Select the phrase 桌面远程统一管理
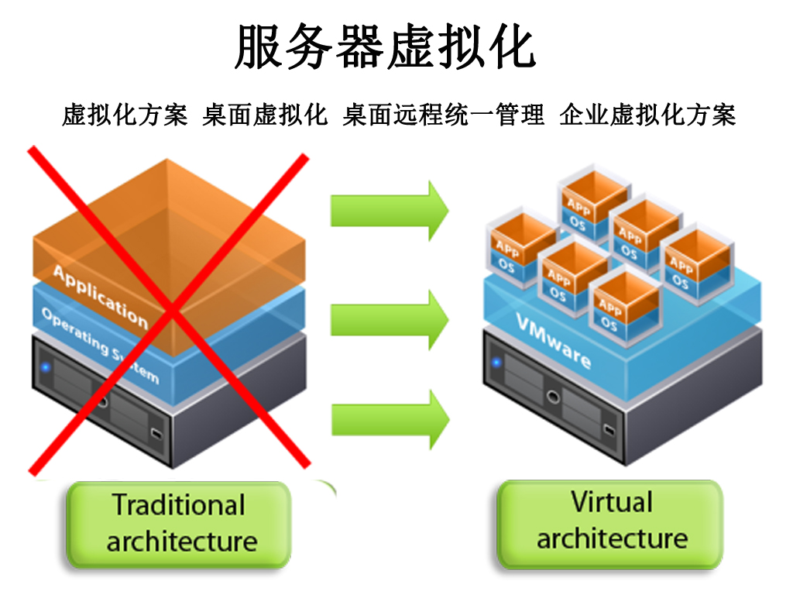pyautogui.click(x=445, y=115)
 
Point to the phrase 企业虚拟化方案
pyautogui.click(x=647, y=115)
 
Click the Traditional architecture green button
pyautogui.click(x=179, y=523)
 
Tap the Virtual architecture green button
pyautogui.click(x=610, y=521)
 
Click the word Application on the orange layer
pyautogui.click(x=100, y=295)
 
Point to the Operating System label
pyautogui.click(x=100, y=346)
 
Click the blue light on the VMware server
pyautogui.click(x=495, y=362)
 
